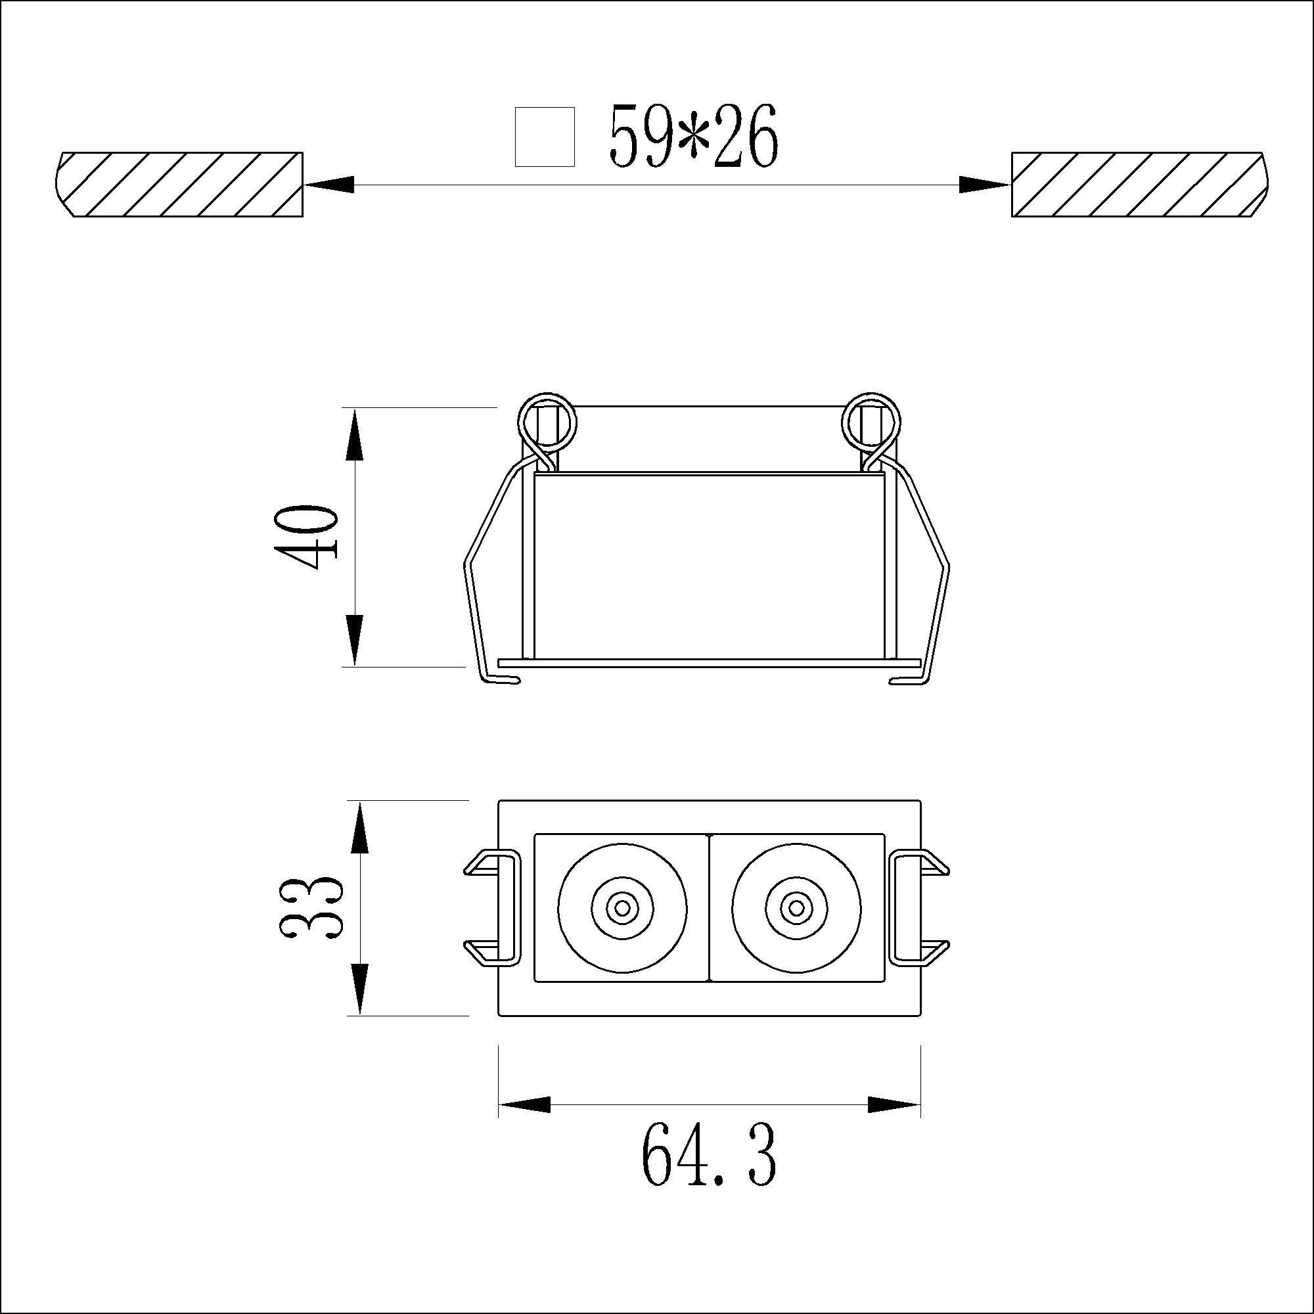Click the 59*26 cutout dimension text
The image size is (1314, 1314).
[693, 137]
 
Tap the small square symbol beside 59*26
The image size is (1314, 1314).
[545, 137]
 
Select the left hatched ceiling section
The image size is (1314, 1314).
[178, 185]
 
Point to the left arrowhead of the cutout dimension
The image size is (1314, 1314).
[329, 185]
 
